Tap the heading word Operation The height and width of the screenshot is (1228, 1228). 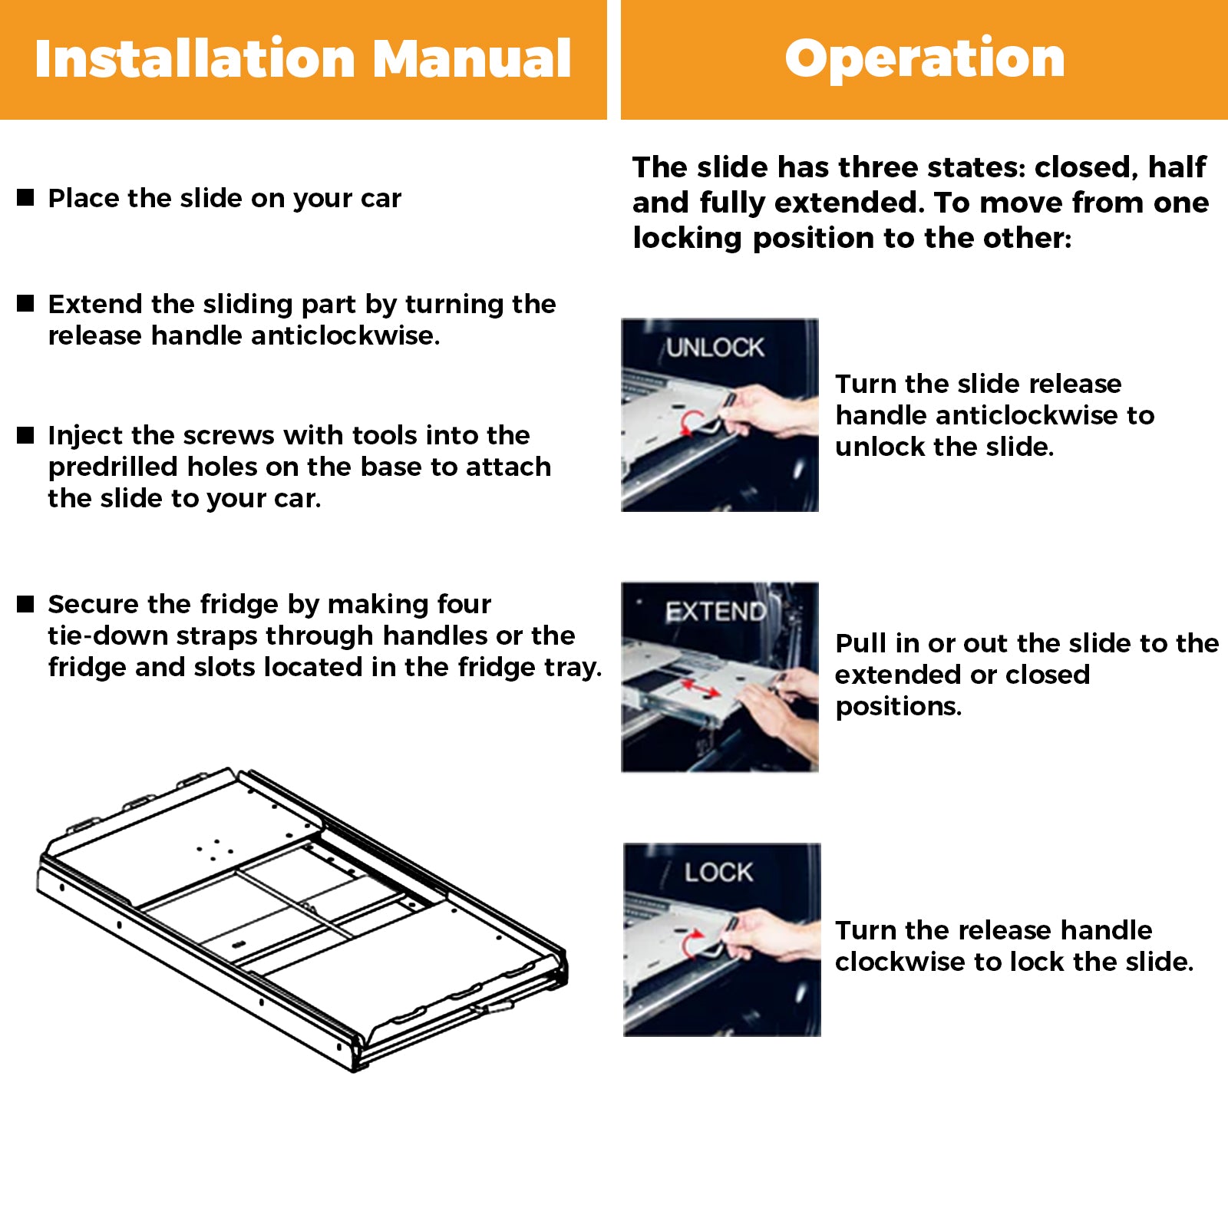pos(925,59)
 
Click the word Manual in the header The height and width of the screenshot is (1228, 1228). pos(473,59)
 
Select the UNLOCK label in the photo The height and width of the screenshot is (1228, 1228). pos(715,348)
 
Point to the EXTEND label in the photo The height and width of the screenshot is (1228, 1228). pos(715,612)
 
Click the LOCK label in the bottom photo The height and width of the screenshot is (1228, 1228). pos(718,872)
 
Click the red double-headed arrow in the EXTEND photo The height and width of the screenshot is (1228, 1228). pos(700,688)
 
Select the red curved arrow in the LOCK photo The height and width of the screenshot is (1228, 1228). pos(691,942)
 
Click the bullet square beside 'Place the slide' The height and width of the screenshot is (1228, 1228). pos(26,197)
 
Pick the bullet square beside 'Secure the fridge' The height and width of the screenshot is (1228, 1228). pos(26,604)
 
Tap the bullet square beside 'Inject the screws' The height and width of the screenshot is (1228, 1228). pos(26,435)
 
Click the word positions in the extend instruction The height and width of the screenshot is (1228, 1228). pos(899,706)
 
